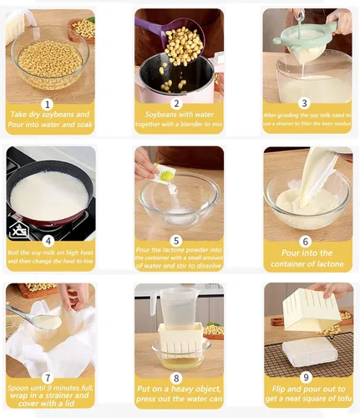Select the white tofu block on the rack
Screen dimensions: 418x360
coord(310,351)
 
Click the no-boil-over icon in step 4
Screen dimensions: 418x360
coord(18,227)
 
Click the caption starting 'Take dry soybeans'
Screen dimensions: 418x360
coord(49,120)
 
